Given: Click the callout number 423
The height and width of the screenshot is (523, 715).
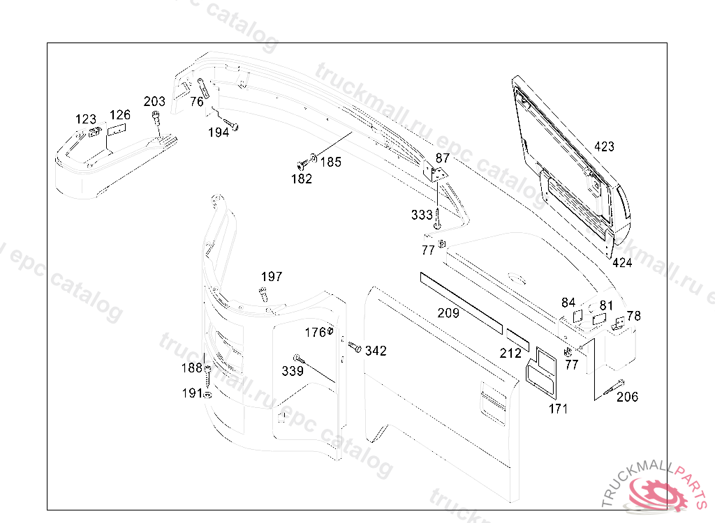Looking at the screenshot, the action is pos(604,146).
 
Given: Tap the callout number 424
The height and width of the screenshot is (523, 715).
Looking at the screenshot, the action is pos(622,263).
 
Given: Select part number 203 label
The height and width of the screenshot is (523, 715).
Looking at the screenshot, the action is pos(154,101).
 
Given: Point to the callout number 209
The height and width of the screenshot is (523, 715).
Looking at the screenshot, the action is pos(448,313).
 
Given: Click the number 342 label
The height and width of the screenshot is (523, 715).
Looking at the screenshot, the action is pos(376,351).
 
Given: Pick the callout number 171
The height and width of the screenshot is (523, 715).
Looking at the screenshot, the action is pos(558,409).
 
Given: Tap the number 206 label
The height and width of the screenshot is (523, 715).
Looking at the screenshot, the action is pos(627,397).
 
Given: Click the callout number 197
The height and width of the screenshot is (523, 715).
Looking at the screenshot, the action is pos(272,277).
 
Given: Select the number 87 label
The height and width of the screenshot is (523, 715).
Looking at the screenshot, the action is pos(442,158).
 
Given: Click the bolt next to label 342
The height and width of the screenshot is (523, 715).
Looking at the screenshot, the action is pos(355,347).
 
